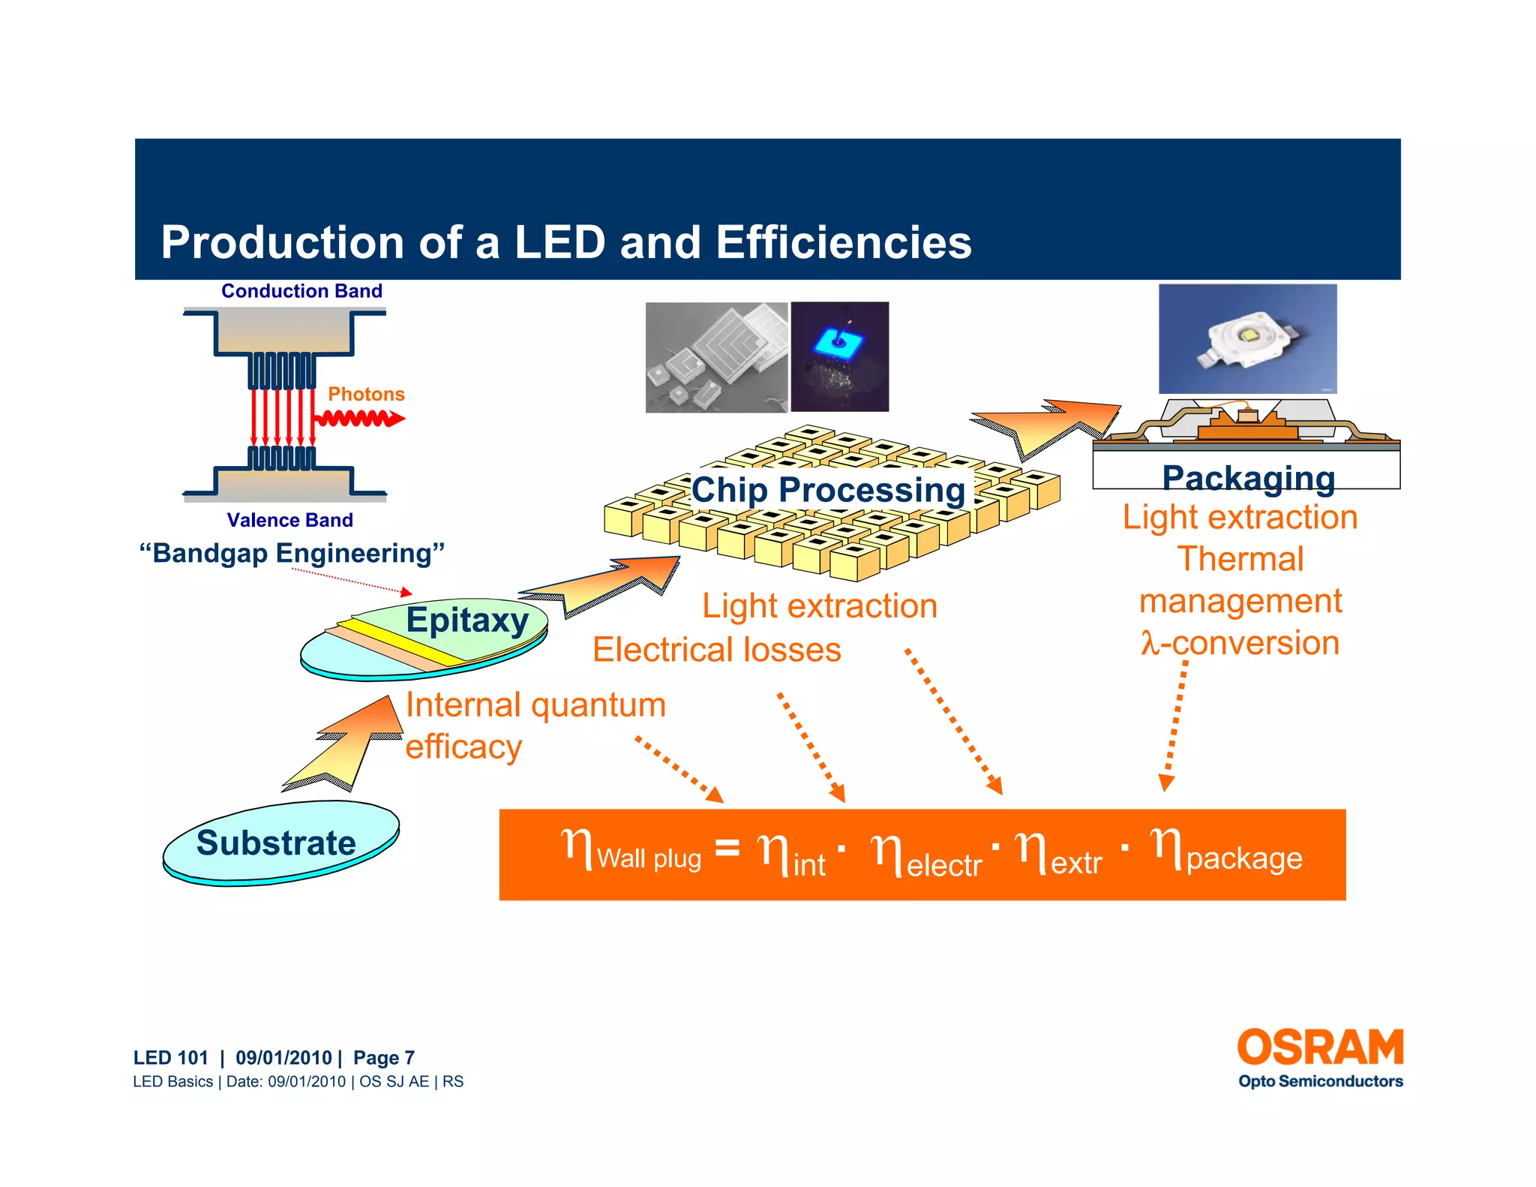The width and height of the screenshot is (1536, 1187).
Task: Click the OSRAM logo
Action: tap(1320, 1047)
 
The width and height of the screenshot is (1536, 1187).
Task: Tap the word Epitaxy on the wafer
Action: tap(467, 620)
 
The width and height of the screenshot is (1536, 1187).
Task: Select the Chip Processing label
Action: tap(828, 490)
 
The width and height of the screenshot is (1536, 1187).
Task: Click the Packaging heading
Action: tap(1248, 478)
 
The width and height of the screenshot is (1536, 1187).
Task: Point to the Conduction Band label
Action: tap(301, 291)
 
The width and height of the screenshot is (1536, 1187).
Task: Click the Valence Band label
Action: tap(289, 520)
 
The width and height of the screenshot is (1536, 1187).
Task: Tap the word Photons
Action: tap(366, 394)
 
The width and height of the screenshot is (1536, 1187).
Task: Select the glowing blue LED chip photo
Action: tap(839, 356)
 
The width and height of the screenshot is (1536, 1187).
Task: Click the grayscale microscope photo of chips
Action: tap(716, 357)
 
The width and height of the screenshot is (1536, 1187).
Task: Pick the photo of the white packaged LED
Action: tap(1247, 338)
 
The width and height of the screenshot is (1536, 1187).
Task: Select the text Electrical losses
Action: tap(716, 650)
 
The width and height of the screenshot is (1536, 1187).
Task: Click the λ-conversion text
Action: tap(1240, 643)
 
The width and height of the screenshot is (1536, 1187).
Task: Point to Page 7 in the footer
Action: tap(383, 1058)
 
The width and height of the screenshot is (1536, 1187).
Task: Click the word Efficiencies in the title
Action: tap(843, 242)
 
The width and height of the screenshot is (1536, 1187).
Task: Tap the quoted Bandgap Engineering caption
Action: tap(292, 554)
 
